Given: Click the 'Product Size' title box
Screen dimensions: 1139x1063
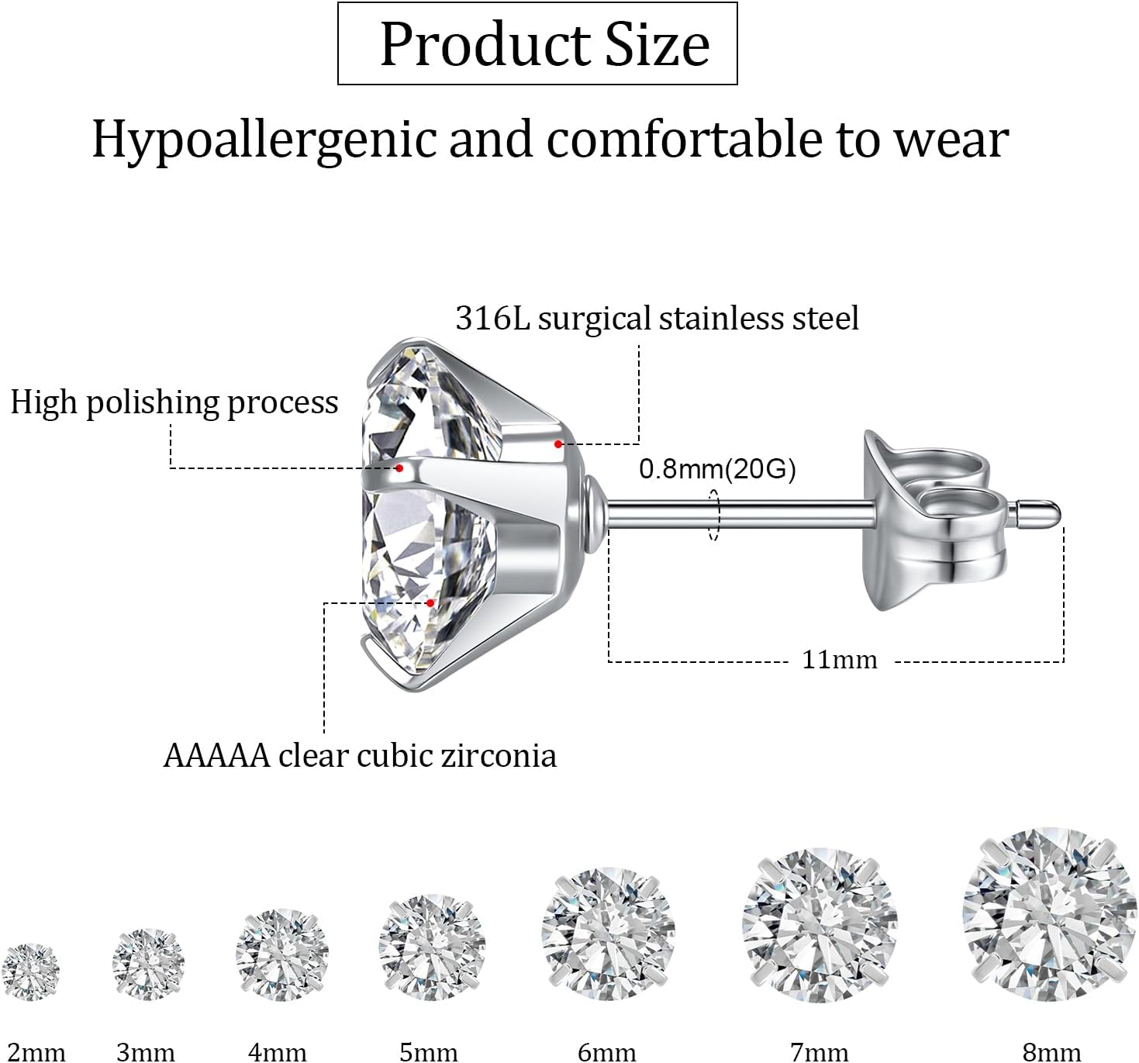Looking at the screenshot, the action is (x=537, y=43).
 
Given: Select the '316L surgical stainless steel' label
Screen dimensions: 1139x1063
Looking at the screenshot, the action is (x=657, y=319).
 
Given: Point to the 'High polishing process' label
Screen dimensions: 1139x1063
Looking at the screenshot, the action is (x=174, y=402).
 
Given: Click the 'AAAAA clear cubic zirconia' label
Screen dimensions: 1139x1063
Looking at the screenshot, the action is (x=360, y=755).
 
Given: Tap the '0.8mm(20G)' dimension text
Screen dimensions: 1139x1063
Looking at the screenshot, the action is (x=717, y=469).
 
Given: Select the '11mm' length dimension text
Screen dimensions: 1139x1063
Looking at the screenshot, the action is (x=840, y=660).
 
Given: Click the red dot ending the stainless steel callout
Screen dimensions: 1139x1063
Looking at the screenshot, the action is (x=558, y=444).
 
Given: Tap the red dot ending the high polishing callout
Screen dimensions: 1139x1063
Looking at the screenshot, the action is (x=400, y=468).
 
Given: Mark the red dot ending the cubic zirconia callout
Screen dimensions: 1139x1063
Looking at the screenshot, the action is (x=430, y=602).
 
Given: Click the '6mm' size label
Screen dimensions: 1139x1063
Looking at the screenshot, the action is (x=607, y=1051).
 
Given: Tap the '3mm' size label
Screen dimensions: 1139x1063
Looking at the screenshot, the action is (x=146, y=1051).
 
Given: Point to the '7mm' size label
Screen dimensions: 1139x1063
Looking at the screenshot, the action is (x=820, y=1051).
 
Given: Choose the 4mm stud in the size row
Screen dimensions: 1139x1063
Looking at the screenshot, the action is (x=281, y=954).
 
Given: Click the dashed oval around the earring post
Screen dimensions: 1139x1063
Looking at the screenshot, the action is (x=714, y=513).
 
